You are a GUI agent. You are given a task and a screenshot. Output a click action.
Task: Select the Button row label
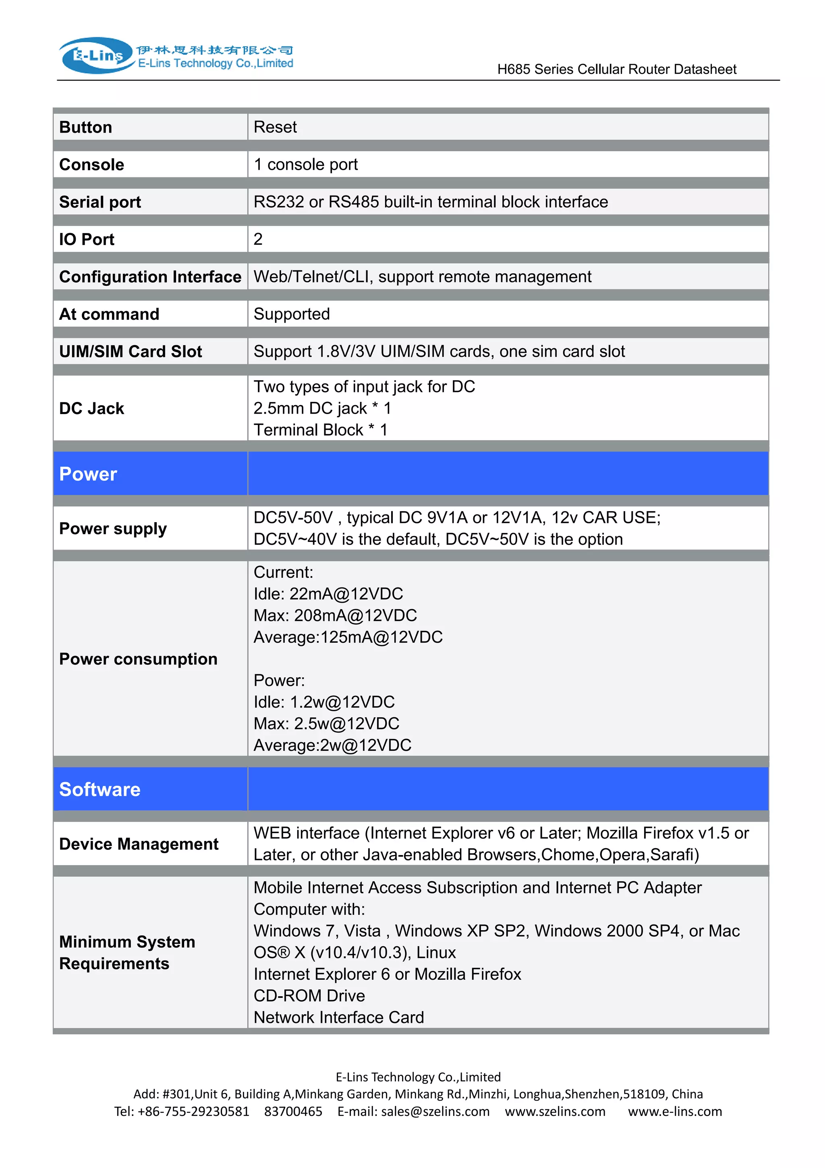85,127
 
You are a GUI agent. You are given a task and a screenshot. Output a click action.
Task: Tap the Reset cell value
275,127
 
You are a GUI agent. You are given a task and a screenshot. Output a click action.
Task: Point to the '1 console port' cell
305,164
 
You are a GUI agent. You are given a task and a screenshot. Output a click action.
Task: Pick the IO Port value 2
258,239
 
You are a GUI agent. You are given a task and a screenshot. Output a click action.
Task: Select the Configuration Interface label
150,277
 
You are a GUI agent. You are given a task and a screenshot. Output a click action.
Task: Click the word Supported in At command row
292,314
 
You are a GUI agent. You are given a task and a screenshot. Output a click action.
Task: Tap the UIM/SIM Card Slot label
131,352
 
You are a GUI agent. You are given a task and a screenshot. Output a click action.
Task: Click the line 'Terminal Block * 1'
320,430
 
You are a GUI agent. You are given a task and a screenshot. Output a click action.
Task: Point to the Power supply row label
113,529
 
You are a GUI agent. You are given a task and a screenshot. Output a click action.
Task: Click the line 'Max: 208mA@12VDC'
335,616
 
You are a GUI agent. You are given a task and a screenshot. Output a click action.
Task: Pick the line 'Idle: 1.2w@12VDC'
324,702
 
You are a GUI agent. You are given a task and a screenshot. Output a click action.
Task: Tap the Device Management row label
139,844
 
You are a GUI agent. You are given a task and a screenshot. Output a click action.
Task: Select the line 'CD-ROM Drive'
309,995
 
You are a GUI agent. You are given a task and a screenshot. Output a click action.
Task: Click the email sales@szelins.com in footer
435,1112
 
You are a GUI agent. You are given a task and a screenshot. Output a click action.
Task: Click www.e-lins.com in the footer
674,1112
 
